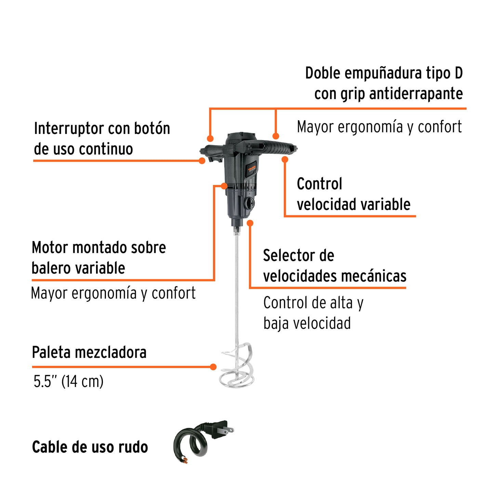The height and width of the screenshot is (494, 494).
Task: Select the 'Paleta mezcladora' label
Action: point(89,352)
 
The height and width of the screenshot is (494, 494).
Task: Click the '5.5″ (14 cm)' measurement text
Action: point(68,381)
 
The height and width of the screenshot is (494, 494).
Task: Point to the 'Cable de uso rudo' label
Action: point(90,447)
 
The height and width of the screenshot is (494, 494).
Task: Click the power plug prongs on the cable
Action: point(229,430)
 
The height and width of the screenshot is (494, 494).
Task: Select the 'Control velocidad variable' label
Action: point(353,194)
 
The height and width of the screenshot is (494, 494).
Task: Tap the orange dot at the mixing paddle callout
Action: point(213,367)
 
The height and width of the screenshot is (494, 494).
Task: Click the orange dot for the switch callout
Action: point(202,160)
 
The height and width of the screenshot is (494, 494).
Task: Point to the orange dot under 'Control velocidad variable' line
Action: point(285,159)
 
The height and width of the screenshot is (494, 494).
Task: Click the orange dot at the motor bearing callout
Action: point(224,186)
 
